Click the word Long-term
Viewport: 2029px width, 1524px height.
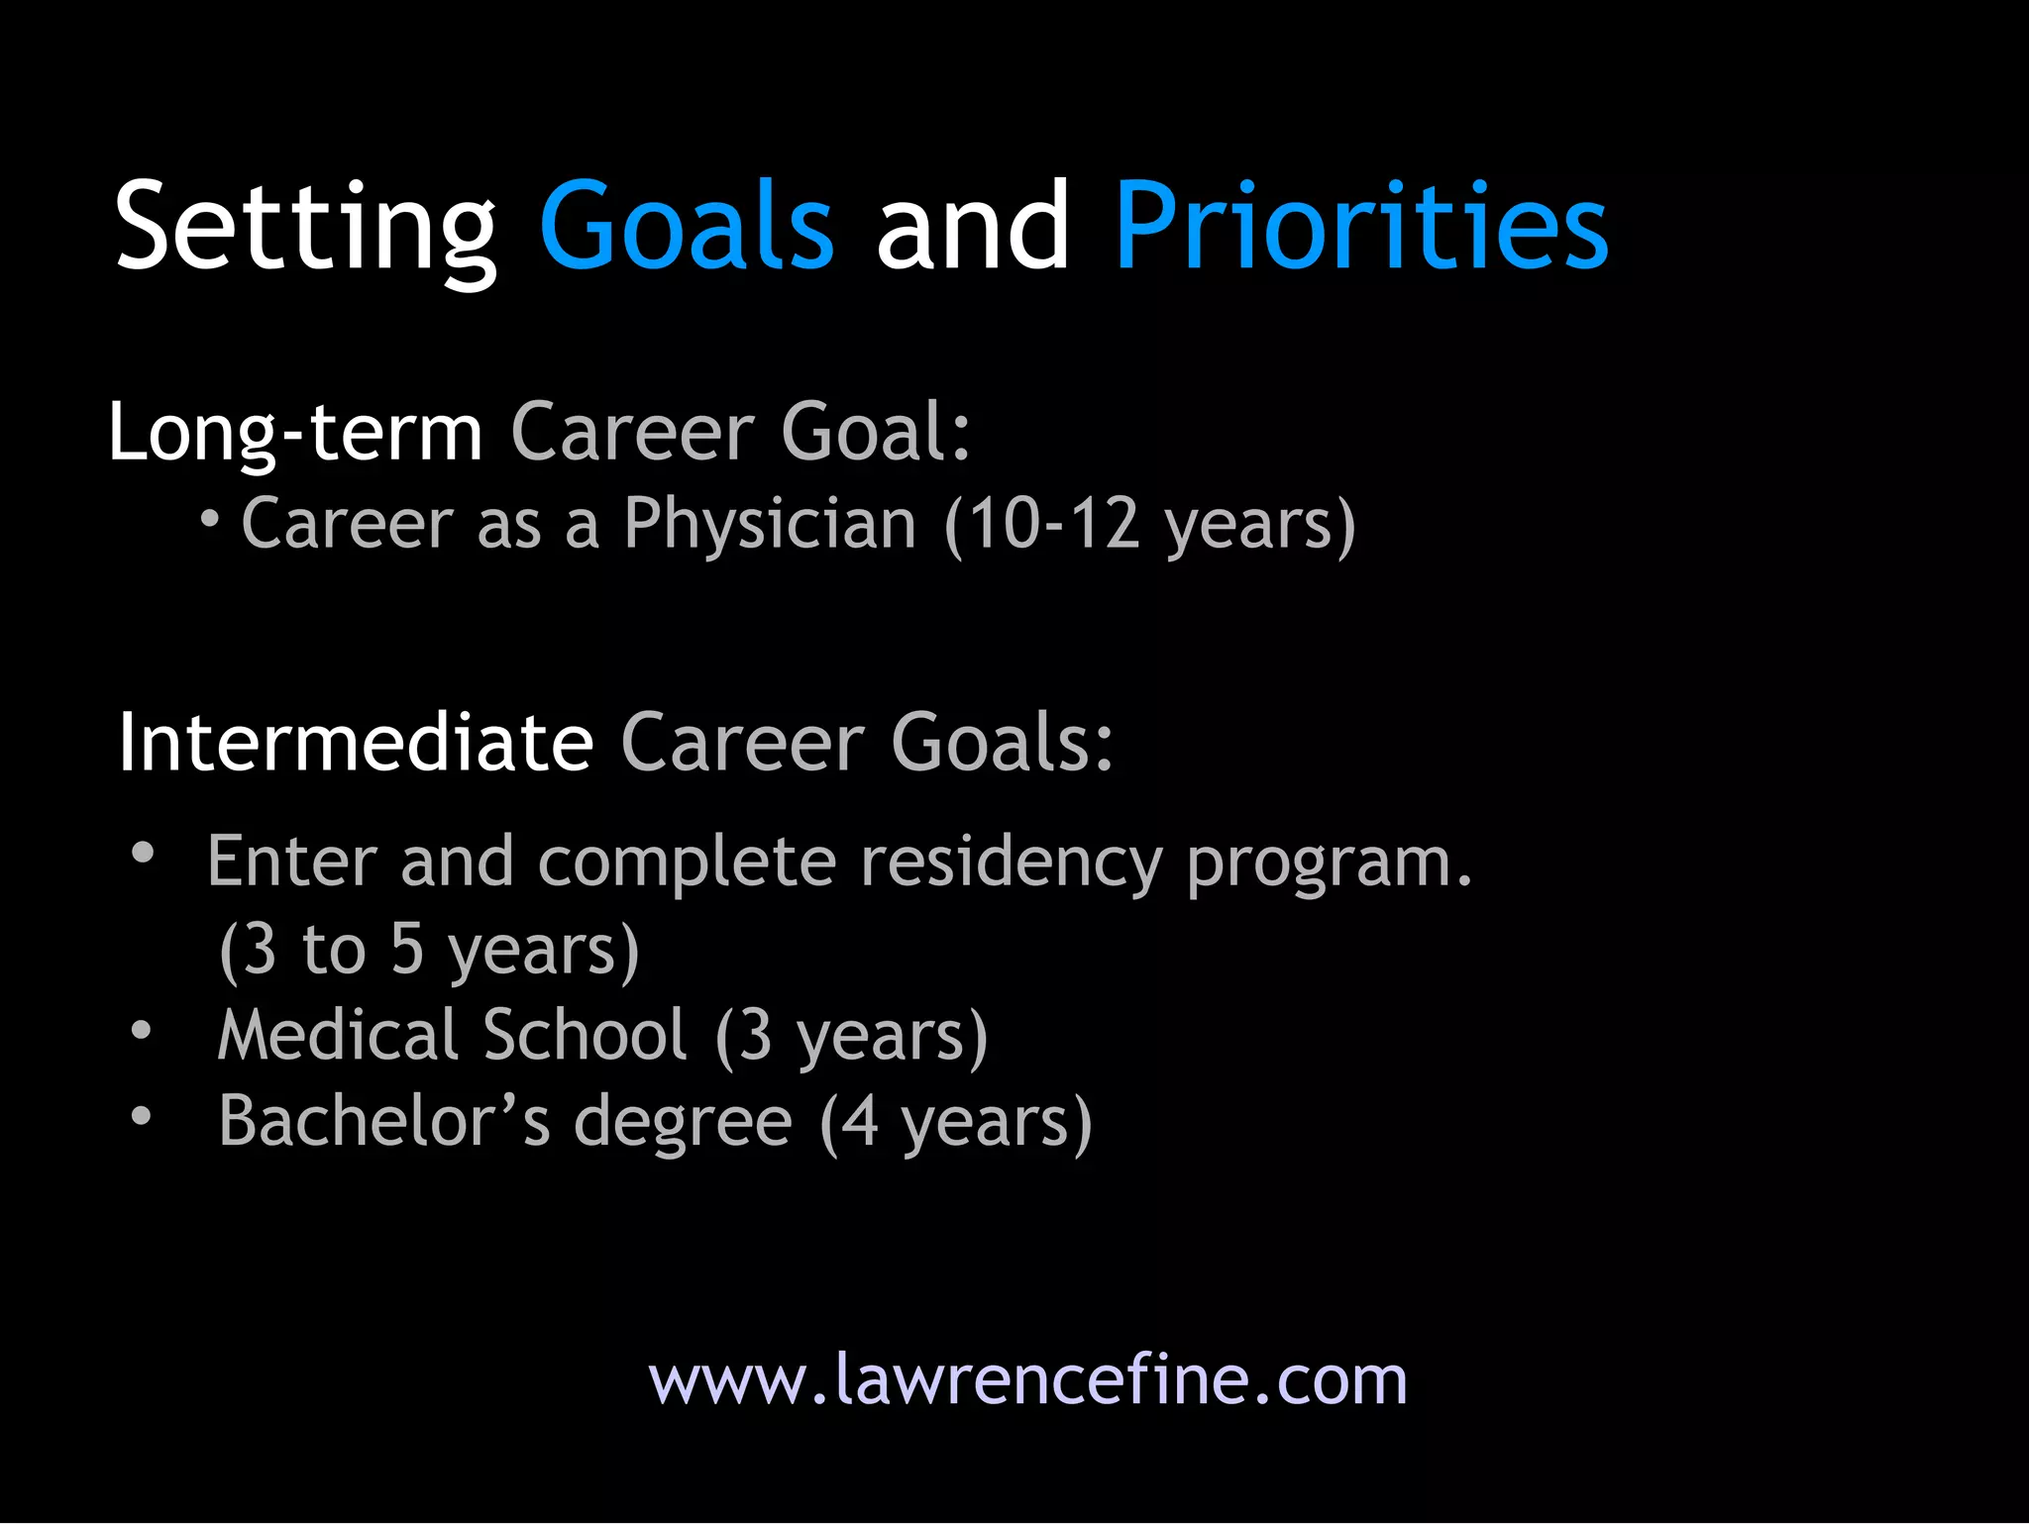pyautogui.click(x=294, y=433)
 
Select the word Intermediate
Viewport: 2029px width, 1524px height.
pyautogui.click(x=356, y=743)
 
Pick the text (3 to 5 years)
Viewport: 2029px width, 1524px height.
pyautogui.click(x=429, y=950)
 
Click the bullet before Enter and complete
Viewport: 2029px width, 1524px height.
pyautogui.click(x=144, y=853)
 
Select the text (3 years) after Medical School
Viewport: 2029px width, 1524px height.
pyautogui.click(x=851, y=1037)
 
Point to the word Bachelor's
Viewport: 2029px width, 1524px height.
pyautogui.click(x=383, y=1121)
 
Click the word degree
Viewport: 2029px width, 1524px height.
pyautogui.click(x=683, y=1123)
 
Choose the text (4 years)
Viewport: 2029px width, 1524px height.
pyautogui.click(x=956, y=1123)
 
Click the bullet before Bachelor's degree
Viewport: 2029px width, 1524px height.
pyautogui.click(x=142, y=1116)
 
